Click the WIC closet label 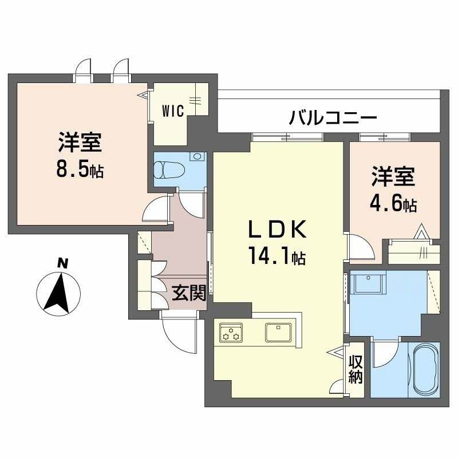172,111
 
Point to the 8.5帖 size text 80,169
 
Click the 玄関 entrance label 188,294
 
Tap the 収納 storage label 356,369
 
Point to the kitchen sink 279,331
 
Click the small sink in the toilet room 198,156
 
